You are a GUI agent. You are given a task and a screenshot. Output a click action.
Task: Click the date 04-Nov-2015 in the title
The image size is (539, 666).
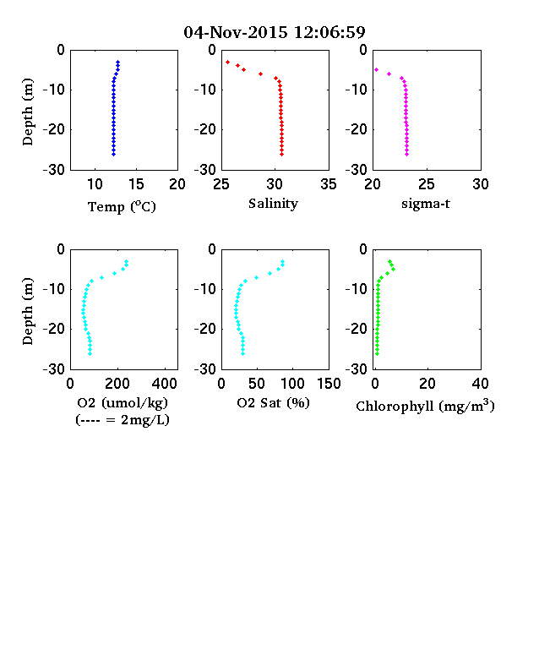[236, 32]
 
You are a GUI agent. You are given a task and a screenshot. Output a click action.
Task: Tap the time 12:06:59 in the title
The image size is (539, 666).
[329, 32]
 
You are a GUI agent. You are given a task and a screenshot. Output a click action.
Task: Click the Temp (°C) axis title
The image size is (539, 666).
[122, 206]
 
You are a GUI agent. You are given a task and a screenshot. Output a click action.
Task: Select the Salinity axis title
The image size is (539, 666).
[274, 204]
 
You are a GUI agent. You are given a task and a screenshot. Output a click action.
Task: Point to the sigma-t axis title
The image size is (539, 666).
[426, 204]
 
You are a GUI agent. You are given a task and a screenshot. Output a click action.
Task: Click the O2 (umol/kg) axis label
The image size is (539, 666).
[122, 402]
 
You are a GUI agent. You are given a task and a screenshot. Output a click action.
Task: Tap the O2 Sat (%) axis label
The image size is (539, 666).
[274, 402]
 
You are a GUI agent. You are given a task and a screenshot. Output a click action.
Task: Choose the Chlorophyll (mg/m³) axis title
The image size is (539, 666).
[425, 406]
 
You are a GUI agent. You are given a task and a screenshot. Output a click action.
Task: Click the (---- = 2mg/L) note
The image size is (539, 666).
[122, 420]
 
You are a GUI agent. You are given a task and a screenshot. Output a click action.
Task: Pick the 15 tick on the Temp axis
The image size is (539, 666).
[136, 184]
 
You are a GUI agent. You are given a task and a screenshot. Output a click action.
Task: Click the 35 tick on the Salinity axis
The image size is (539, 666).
[329, 184]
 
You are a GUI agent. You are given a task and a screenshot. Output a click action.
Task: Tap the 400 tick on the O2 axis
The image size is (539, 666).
[165, 384]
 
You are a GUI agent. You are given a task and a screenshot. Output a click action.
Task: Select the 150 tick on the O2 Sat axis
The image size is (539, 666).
[329, 384]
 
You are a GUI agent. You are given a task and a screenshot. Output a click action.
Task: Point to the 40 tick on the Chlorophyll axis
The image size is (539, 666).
[480, 384]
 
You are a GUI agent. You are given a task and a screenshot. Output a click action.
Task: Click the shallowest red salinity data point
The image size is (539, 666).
[227, 62]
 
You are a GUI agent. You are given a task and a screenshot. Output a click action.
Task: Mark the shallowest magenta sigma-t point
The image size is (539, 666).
[376, 69]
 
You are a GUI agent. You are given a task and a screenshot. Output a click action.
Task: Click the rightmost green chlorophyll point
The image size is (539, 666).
[393, 269]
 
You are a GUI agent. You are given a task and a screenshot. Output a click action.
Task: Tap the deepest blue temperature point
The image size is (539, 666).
[113, 154]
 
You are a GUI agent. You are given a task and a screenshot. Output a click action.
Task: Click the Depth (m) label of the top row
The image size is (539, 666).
[27, 112]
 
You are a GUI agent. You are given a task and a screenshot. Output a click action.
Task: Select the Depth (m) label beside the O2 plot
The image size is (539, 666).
[27, 311]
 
